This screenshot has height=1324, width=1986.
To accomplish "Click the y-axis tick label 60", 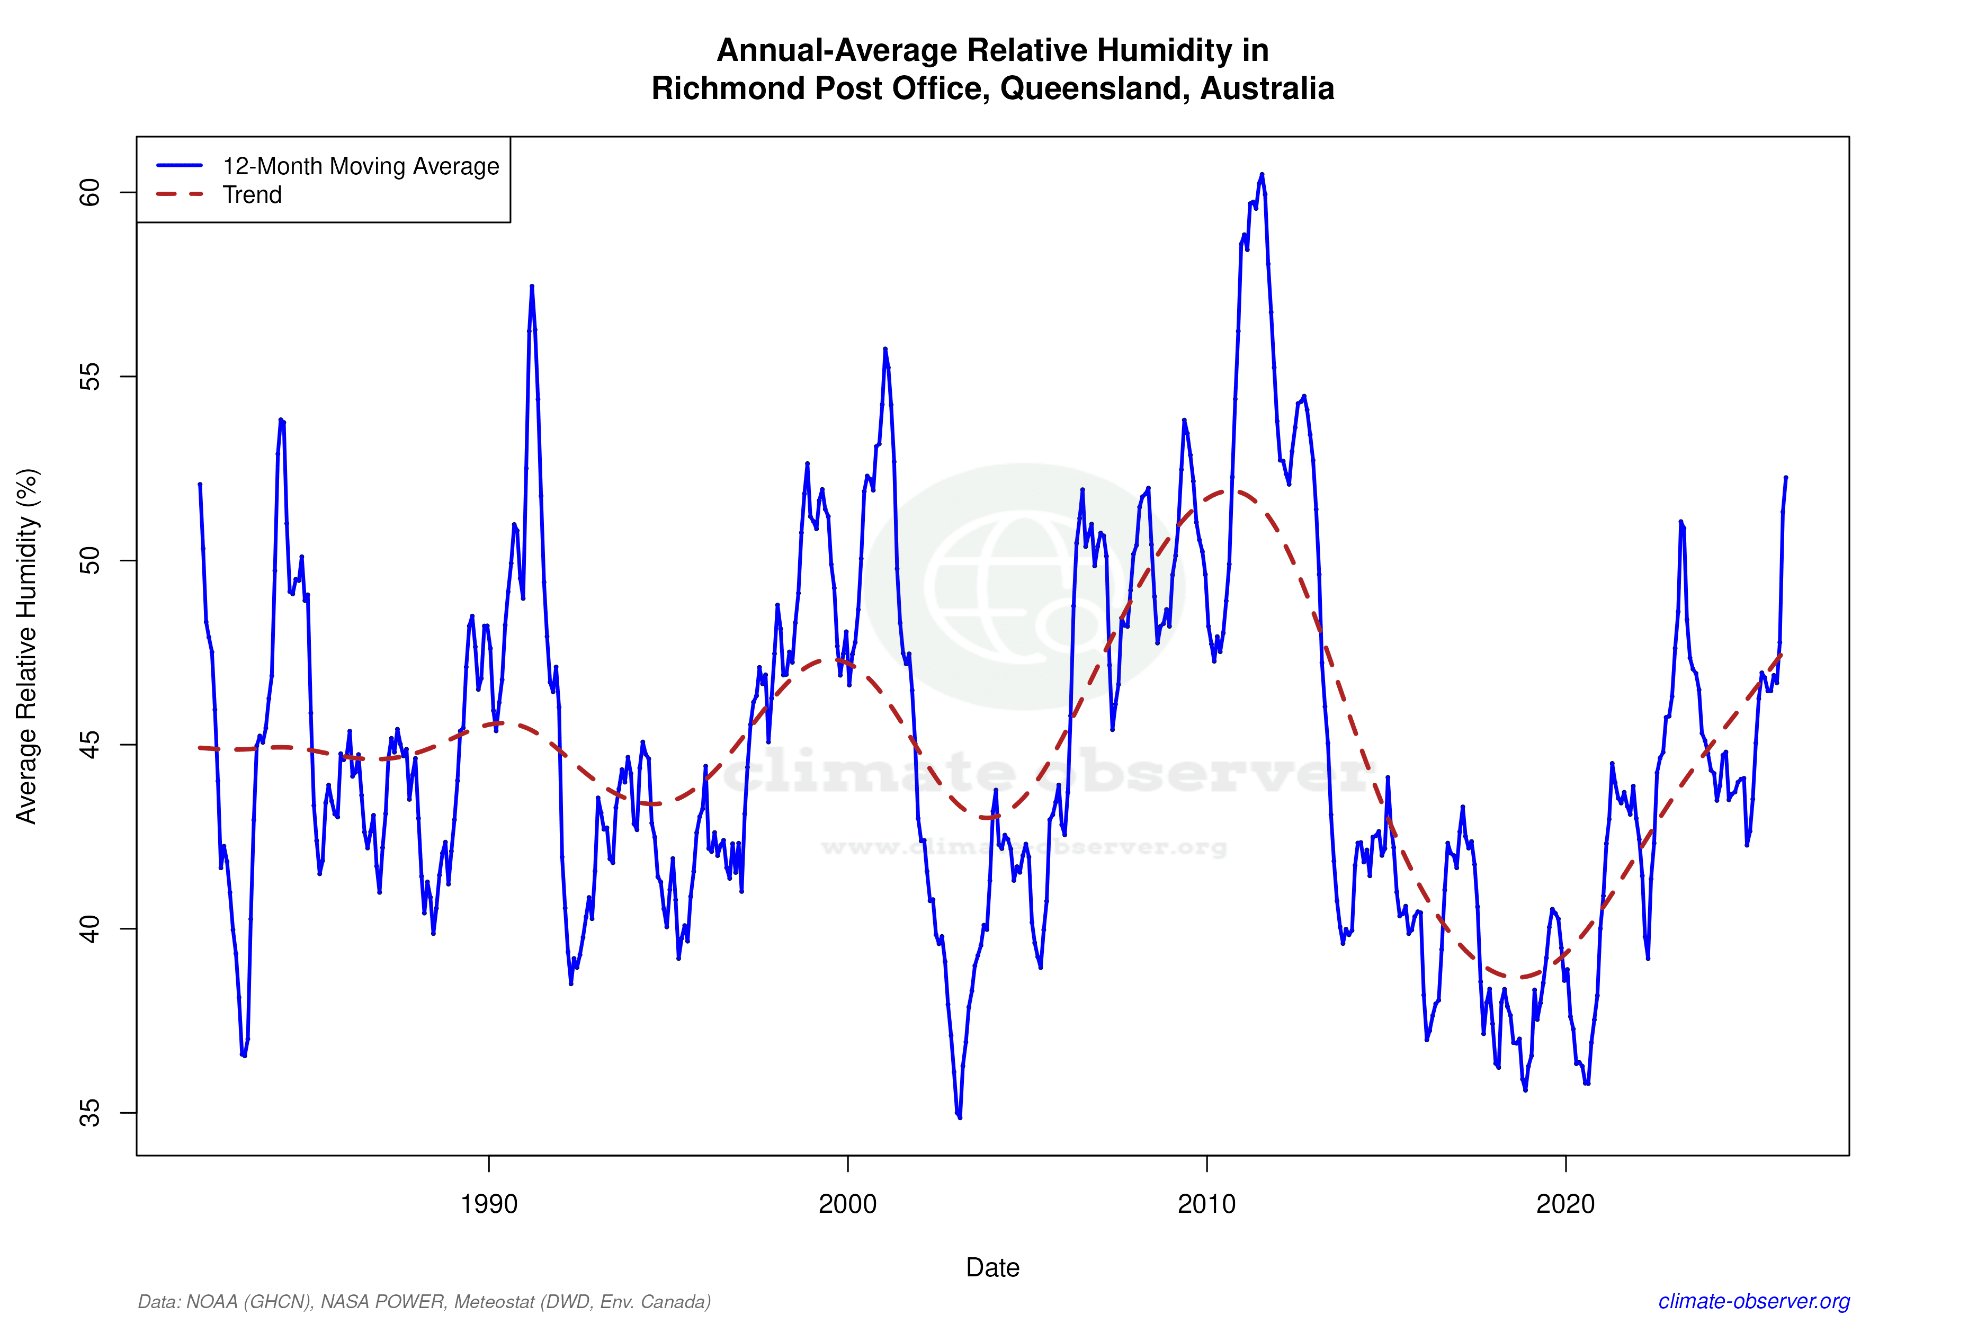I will click(x=88, y=193).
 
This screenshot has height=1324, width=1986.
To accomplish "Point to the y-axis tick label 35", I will click(x=88, y=1113).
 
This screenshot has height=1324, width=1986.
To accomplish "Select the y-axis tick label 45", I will click(x=88, y=745).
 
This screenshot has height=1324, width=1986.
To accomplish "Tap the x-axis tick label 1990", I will click(x=488, y=1203).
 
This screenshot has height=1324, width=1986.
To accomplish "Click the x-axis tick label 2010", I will click(x=1206, y=1203).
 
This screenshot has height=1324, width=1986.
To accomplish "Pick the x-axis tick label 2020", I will click(x=1565, y=1203).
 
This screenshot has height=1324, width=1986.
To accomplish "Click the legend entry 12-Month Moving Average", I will click(x=361, y=166).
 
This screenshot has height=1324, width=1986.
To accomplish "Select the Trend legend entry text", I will click(x=252, y=195).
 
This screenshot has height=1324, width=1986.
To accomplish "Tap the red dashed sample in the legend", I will click(x=180, y=195).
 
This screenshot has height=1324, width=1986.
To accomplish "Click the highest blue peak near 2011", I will click(x=1262, y=175).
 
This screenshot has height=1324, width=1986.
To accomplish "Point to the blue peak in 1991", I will click(x=531, y=287).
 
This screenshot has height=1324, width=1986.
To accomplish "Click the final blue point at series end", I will click(x=1785, y=478).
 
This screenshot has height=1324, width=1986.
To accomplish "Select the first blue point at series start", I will click(x=199, y=485).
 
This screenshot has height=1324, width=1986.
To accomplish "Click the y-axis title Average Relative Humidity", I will click(x=27, y=646).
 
